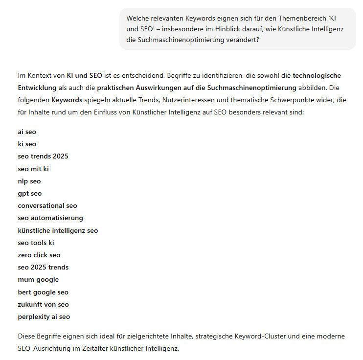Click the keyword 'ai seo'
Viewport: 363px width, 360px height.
pyautogui.click(x=27, y=132)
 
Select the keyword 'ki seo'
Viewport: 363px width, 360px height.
pyautogui.click(x=27, y=144)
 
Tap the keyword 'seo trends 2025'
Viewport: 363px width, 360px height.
pyautogui.click(x=43, y=156)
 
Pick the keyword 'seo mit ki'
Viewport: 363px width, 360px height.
pyautogui.click(x=33, y=169)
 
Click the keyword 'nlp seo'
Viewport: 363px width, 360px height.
pyautogui.click(x=29, y=181)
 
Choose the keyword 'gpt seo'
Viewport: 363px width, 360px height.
pyautogui.click(x=29, y=193)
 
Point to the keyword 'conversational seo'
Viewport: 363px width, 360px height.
pyautogui.click(x=47, y=205)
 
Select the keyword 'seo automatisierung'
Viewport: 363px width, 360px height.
pyautogui.click(x=50, y=218)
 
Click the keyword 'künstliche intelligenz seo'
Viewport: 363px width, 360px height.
pyautogui.click(x=58, y=230)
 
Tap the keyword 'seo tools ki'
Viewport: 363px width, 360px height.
pyautogui.click(x=36, y=243)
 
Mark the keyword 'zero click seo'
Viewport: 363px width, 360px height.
pyautogui.click(x=39, y=255)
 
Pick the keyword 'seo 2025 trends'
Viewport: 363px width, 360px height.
pyautogui.click(x=43, y=267)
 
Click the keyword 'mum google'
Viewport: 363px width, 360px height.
pyautogui.click(x=38, y=279)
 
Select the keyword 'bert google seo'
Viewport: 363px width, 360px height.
pyautogui.click(x=43, y=292)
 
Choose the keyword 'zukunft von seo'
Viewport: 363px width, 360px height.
pyautogui.click(x=43, y=304)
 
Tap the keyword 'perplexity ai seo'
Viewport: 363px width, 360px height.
pyautogui.click(x=44, y=316)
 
